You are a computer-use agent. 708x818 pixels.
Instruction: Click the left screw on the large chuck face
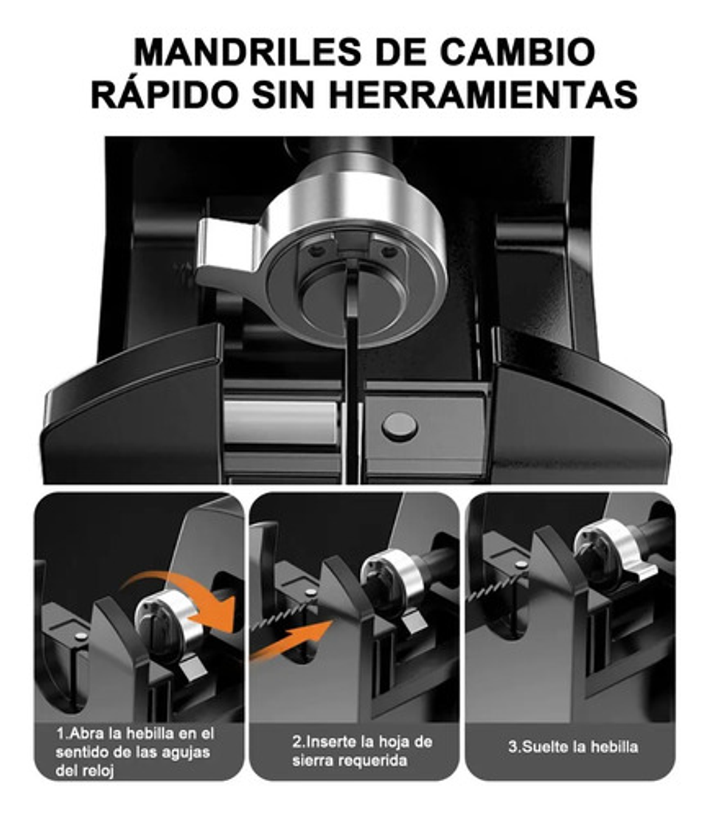(x=317, y=252)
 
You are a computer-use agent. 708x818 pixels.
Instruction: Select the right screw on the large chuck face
(x=389, y=252)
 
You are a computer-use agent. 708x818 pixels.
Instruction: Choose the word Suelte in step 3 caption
(x=549, y=746)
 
